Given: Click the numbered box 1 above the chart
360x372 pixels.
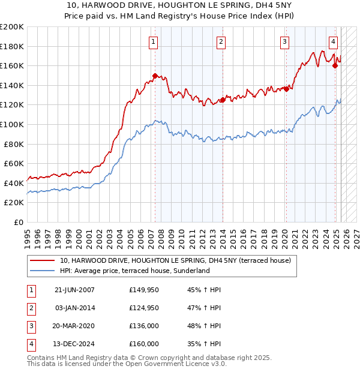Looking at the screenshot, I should pyautogui.click(x=154, y=41).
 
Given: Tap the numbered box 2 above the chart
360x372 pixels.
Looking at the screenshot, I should pyautogui.click(x=221, y=41).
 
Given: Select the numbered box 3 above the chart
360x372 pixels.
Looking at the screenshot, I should pyautogui.click(x=284, y=41).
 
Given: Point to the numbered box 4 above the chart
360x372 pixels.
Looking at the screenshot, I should pyautogui.click(x=333, y=41).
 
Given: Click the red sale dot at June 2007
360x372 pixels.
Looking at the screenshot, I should pyautogui.click(x=155, y=76).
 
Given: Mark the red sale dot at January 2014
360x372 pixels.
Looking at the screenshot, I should pyautogui.click(x=223, y=100).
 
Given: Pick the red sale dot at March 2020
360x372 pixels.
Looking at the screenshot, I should pyautogui.click(x=286, y=89).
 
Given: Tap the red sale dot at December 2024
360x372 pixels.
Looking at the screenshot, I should pyautogui.click(x=335, y=65).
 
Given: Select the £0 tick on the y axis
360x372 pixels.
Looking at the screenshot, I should pyautogui.click(x=19, y=222).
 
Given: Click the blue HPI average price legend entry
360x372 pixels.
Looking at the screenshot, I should pyautogui.click(x=134, y=271).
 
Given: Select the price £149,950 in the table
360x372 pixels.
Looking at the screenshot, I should pyautogui.click(x=144, y=290).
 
